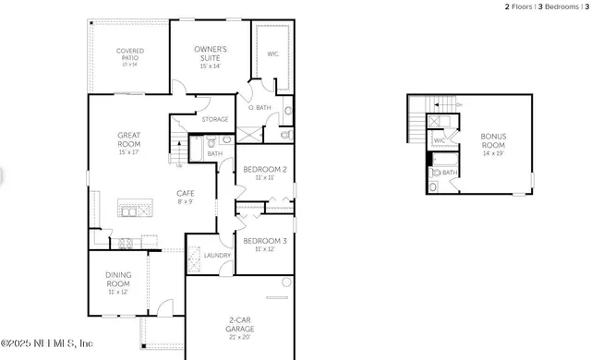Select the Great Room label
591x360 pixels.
coord(128,140)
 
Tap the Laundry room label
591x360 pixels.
coord(217,255)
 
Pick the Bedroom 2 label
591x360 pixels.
coord(265,170)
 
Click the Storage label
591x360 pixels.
coord(215,119)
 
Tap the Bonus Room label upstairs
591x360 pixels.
coord(493,140)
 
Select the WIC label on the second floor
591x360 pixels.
coord(440,142)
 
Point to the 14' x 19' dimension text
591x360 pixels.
coord(493,153)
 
